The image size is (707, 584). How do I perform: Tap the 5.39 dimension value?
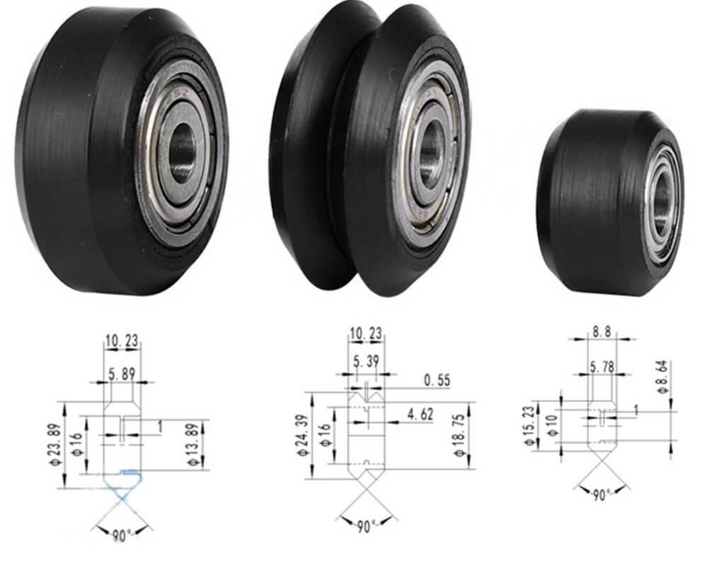(367, 362)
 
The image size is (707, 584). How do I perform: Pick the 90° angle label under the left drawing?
(122, 534)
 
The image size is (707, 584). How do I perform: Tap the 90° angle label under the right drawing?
(601, 495)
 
